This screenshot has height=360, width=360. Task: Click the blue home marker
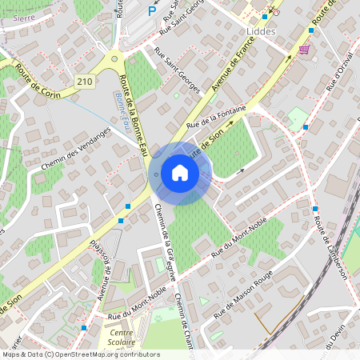tap(180, 173)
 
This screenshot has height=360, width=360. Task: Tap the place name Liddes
tap(254, 33)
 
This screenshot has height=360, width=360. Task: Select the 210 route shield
tap(85, 82)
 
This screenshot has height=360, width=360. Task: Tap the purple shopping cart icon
tap(304, 50)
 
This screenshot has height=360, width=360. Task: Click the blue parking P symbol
tap(153, 10)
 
